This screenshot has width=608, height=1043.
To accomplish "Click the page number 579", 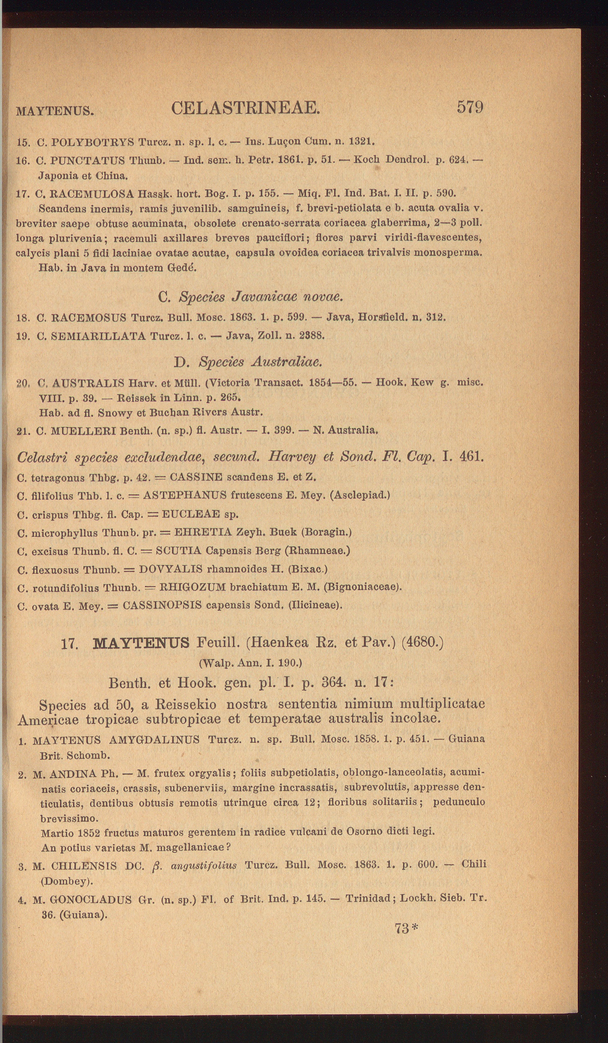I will click(x=470, y=107).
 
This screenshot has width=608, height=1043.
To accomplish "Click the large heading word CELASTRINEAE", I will click(x=246, y=108).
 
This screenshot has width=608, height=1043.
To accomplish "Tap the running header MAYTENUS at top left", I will click(x=54, y=111).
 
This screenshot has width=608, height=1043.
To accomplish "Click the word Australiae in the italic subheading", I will click(x=286, y=362).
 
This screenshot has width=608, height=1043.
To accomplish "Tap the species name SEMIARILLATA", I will click(x=98, y=336).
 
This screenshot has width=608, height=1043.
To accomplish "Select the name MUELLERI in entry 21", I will click(x=83, y=430).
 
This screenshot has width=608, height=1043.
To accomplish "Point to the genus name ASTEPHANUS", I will click(x=185, y=496).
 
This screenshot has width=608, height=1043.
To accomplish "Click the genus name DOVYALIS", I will click(x=171, y=569).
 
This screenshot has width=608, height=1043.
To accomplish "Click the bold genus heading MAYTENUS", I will click(x=141, y=643).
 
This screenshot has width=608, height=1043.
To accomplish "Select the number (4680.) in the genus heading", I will click(x=422, y=642).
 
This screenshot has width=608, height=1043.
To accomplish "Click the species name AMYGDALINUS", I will click(x=154, y=740).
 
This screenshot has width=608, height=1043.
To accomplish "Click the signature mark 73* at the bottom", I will click(x=406, y=929).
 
